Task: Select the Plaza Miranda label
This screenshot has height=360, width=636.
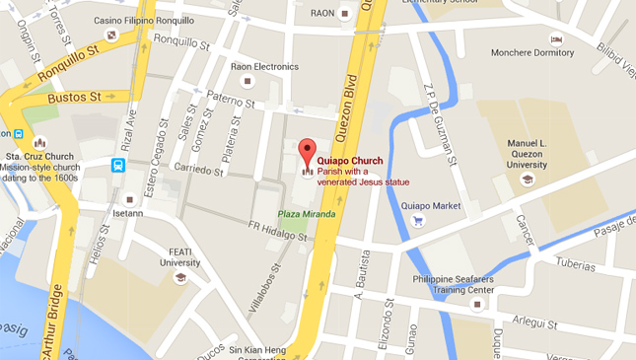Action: pos(306,214)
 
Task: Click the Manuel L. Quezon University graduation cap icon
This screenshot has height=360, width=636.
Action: pos(528,179)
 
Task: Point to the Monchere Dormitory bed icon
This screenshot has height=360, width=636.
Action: pos(555,37)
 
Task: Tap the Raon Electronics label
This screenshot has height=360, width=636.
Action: pos(263,67)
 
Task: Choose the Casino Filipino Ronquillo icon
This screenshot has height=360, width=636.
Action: pos(111,36)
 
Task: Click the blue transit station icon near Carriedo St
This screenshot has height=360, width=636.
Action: pos(118,165)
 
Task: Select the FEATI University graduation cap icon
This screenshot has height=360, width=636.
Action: pos(180,277)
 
